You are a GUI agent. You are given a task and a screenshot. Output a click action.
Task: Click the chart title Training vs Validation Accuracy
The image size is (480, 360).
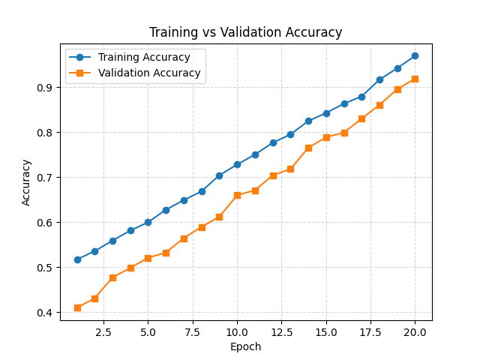tap(245, 32)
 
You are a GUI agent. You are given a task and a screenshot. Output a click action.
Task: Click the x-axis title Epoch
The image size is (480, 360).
tap(246, 346)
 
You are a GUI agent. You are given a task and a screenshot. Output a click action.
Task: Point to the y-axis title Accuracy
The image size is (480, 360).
tap(27, 181)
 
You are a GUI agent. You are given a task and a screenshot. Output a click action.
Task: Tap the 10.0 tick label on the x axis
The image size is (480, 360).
tap(237, 331)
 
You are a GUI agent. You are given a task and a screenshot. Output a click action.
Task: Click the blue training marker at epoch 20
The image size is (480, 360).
tap(415, 55)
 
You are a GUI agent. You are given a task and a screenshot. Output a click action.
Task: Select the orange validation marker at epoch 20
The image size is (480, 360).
tap(415, 79)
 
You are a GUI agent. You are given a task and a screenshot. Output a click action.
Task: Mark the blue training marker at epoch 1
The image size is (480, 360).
tap(77, 259)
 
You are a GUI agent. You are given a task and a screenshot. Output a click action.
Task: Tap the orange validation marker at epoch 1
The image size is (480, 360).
tap(77, 307)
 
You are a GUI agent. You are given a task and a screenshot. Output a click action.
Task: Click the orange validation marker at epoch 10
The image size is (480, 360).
tap(237, 195)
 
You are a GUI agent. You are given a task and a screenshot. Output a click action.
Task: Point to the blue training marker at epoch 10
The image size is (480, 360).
tap(237, 164)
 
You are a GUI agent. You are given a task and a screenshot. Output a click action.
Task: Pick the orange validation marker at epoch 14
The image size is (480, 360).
tap(308, 148)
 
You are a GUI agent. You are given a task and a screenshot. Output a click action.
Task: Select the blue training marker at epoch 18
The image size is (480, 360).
tap(379, 79)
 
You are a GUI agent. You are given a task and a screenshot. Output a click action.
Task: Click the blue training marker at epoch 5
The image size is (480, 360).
tap(148, 222)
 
